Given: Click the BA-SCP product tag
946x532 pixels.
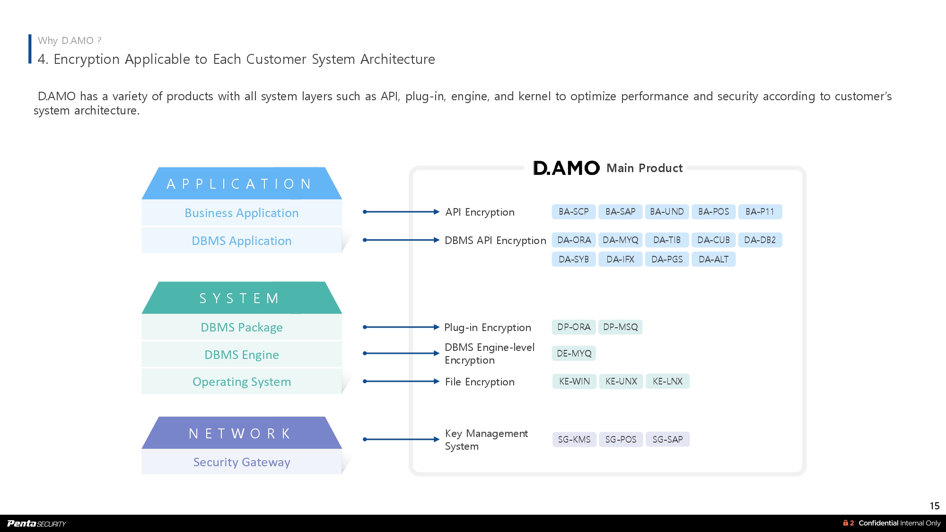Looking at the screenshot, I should (573, 212).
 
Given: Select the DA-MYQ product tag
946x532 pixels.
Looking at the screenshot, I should (620, 240).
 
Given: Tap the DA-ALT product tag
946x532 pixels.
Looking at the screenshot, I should (713, 259).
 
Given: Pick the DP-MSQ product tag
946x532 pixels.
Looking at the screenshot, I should (620, 327).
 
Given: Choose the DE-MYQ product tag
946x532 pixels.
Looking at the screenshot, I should (574, 353).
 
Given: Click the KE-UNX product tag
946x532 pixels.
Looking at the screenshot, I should (621, 381).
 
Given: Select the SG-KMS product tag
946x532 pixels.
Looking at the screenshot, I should (574, 439).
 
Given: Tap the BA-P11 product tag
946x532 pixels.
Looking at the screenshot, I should (760, 212).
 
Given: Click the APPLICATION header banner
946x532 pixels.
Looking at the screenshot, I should (241, 183).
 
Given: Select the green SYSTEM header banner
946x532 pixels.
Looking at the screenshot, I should (241, 298).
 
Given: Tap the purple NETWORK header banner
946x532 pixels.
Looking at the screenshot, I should (241, 433).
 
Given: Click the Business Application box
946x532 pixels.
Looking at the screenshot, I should (241, 213).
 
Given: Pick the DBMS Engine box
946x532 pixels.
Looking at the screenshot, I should (241, 355).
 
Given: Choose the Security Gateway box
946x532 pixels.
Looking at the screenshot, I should (241, 462).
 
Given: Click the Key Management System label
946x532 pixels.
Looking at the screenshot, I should (486, 440).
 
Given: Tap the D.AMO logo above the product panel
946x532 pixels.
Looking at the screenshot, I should (566, 168).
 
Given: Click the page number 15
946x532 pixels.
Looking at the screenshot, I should (934, 506).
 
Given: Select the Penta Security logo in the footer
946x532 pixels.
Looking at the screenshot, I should (37, 523).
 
